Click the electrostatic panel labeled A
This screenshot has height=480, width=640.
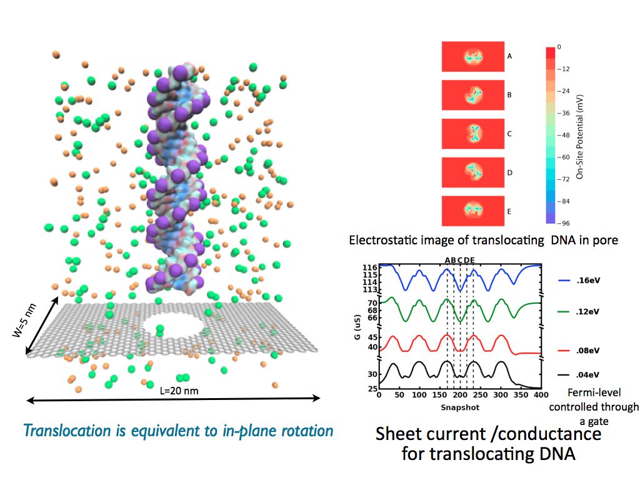tap(472, 56)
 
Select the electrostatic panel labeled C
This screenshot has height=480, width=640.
tap(472, 134)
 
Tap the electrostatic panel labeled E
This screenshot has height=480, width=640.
tap(472, 211)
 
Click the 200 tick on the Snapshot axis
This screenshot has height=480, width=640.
tap(460, 396)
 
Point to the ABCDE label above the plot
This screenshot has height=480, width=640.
tap(460, 261)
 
